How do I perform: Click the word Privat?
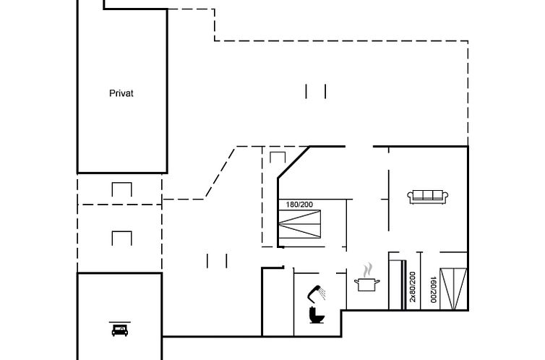coord(121,93)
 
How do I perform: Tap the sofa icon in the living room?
coord(427,197)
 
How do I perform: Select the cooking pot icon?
coord(366,284)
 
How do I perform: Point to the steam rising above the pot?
coord(368,270)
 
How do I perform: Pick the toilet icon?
coord(317,315)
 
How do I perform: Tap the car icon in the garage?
coord(120,330)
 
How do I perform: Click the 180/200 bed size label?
coord(299,205)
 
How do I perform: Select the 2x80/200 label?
coord(413,287)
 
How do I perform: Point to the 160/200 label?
coord(433,289)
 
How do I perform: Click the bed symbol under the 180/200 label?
coord(300,224)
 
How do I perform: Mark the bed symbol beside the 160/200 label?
coord(453,288)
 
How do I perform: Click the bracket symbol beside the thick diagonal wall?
coord(278,158)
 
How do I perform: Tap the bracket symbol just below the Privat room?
coord(121,189)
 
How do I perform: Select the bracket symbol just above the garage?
coord(121,239)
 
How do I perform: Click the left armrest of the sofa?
coord(410,197)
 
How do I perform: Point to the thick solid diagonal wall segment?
coord(293,163)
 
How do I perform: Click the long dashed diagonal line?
coord(220,173)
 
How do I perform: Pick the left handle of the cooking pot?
coord(356,280)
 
